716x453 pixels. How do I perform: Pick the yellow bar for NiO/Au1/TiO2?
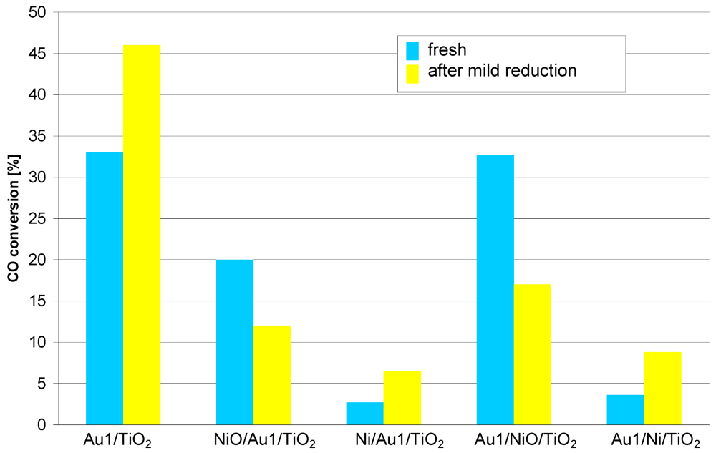point(272,375)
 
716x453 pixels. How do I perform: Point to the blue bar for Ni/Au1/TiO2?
point(365,414)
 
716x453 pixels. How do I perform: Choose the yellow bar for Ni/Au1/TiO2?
point(402,398)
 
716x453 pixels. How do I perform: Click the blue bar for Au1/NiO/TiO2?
point(495,290)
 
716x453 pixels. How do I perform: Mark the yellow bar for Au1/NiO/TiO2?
point(533,354)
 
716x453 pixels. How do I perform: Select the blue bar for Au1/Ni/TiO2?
point(626,410)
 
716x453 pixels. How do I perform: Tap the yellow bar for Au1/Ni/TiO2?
point(663,389)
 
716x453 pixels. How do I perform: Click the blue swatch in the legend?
point(413,51)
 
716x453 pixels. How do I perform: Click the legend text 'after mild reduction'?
point(502,72)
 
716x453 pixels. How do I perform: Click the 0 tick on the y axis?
point(42,425)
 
